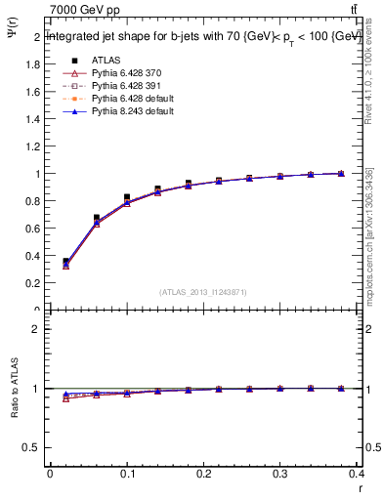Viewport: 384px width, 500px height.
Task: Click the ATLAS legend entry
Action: [x=104, y=60]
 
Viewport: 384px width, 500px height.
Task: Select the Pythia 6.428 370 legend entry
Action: [x=122, y=73]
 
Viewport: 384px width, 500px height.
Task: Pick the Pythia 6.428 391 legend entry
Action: [x=122, y=86]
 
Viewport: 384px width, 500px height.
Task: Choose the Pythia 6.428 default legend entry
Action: [x=127, y=99]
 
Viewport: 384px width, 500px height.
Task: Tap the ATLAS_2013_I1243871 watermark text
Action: [x=204, y=292]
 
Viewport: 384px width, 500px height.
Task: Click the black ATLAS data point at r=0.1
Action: [x=127, y=197]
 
